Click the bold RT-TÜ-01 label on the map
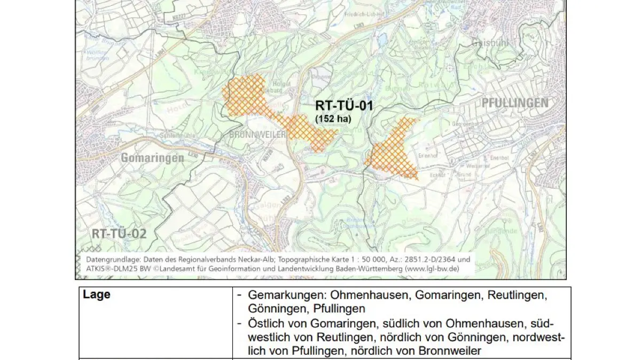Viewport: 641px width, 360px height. pos(344,106)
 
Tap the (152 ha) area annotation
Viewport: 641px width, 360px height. pos(333,119)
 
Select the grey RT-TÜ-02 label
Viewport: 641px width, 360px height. pos(119,233)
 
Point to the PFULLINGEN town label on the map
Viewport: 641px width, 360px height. pos(515,103)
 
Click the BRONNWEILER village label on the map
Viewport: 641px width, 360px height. pos(257,135)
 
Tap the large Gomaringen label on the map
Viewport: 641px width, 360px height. pos(152,158)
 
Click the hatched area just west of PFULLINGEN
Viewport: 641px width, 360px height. pos(393,152)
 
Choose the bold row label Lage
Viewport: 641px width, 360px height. pos(97,295)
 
